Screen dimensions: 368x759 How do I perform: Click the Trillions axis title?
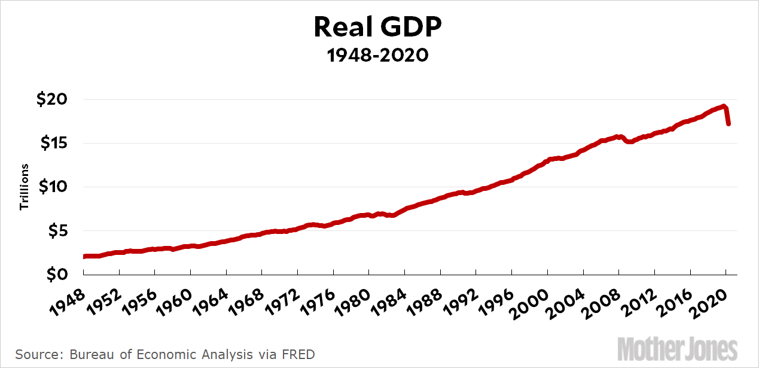point(25,187)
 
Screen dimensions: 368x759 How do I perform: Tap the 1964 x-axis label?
point(208,294)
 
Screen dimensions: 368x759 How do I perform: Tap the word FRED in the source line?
point(299,354)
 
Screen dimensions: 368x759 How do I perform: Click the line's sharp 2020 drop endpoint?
point(728,124)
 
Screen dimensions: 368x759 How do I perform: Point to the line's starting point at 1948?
point(84,257)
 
